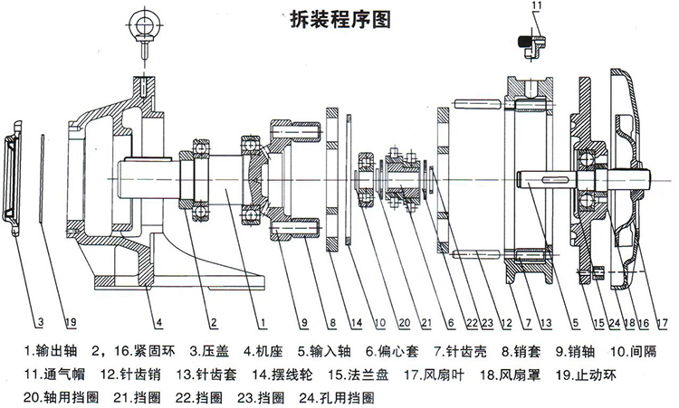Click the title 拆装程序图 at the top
(x=339, y=19)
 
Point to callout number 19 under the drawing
(x=69, y=319)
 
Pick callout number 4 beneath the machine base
(x=158, y=319)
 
